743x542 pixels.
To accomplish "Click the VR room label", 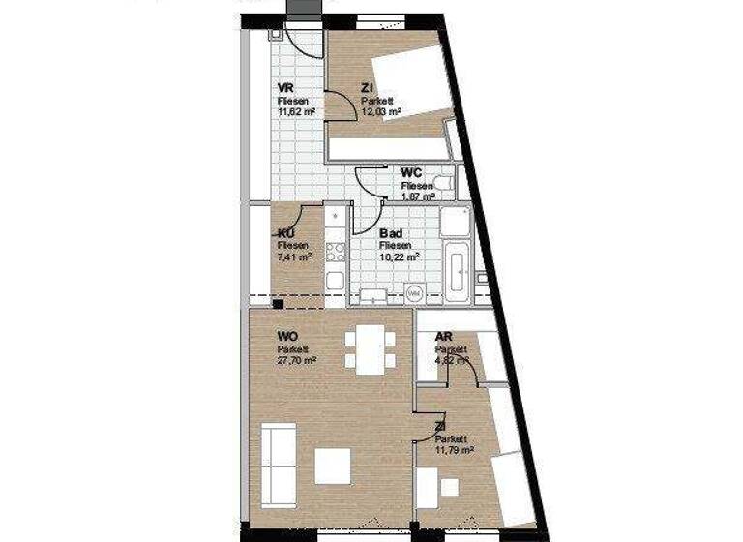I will click(x=284, y=88).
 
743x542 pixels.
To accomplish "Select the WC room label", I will click(x=412, y=172).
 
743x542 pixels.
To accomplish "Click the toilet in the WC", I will click(x=442, y=183).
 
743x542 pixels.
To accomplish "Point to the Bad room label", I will click(x=392, y=234).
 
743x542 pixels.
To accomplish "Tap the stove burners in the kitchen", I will click(x=335, y=253).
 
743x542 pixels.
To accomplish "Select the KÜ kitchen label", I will click(x=285, y=234).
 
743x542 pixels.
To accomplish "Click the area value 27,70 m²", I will click(x=297, y=360).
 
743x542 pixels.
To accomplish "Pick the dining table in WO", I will click(x=370, y=349).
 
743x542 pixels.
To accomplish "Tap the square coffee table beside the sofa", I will click(x=333, y=467).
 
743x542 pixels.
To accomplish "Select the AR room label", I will click(x=444, y=338).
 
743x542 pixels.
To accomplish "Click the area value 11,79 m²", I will click(x=454, y=449).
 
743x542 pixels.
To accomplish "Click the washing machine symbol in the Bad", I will click(x=413, y=292).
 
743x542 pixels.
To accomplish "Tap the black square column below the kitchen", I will click(x=278, y=304).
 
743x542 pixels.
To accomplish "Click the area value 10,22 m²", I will click(x=399, y=257).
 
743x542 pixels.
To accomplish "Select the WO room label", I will click(x=287, y=338).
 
